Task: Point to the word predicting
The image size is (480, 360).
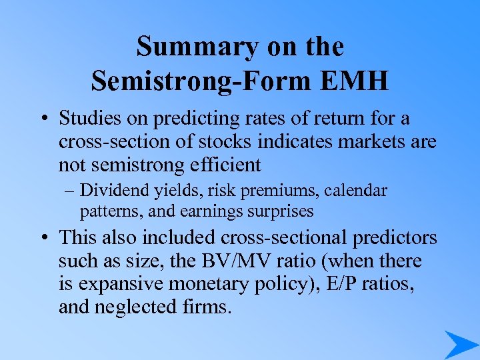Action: click(x=192, y=120)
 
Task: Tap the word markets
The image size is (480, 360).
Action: click(x=341, y=142)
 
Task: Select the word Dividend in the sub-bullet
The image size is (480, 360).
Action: click(x=109, y=191)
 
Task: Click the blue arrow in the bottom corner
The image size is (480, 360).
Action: click(x=460, y=344)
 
